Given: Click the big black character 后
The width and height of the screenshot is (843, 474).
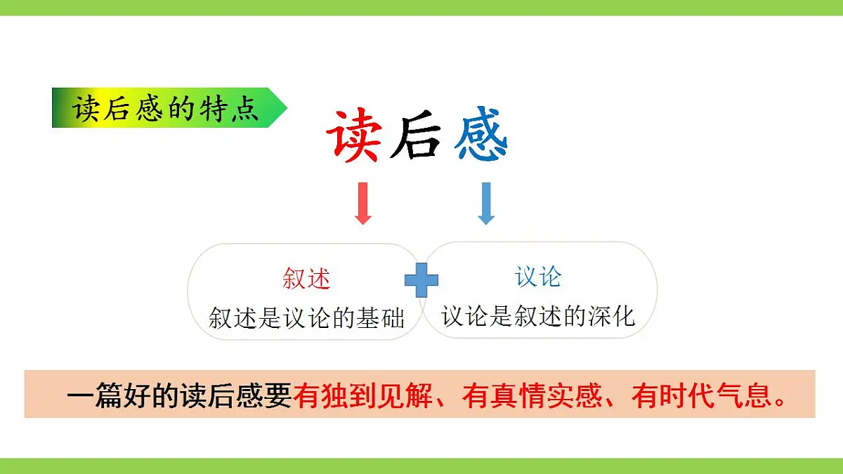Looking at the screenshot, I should (417, 136).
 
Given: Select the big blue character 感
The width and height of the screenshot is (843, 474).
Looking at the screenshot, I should (481, 136).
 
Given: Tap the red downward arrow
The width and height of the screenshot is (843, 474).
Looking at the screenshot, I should (363, 203).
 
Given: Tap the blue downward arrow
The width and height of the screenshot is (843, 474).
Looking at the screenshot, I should (485, 203).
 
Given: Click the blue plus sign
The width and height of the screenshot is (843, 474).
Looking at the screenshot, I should (421, 280).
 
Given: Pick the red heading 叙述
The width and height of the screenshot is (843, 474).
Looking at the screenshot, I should (306, 279).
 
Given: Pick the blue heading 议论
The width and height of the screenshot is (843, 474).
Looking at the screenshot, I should (538, 277).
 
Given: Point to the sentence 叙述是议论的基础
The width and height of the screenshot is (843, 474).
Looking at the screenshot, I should (307, 318).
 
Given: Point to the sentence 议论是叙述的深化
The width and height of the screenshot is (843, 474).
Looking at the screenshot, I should (538, 316).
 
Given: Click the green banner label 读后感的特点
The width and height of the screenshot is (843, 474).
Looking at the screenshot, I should (165, 108).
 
